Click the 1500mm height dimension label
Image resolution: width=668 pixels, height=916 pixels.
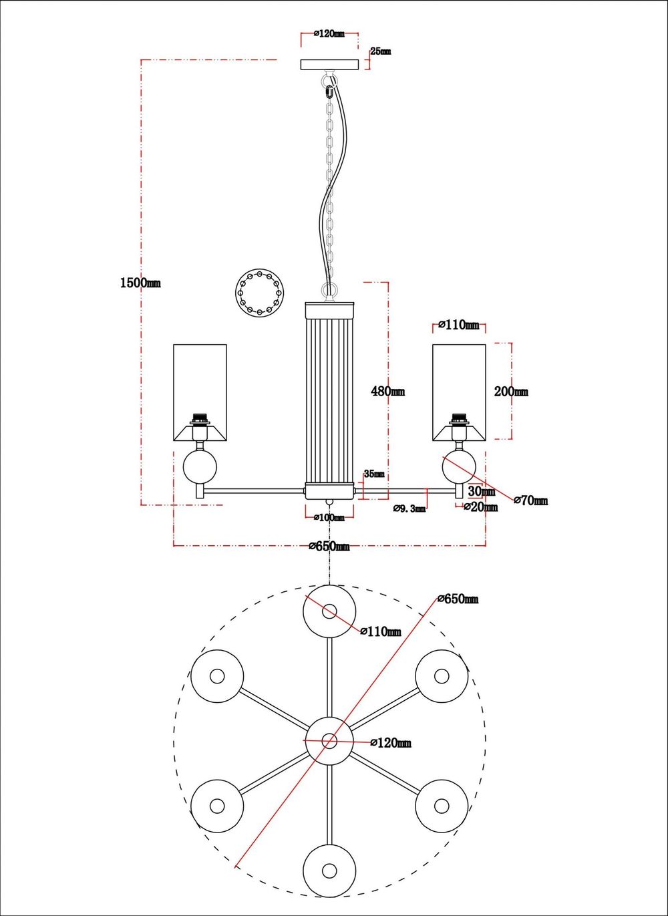[140, 283]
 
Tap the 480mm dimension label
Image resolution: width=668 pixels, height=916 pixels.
[387, 392]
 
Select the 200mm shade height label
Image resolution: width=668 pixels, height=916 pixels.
[511, 392]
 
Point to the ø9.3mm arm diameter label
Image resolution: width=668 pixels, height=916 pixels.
[409, 508]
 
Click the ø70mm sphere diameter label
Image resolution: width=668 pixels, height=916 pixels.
[530, 500]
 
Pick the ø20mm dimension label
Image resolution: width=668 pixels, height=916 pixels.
[481, 507]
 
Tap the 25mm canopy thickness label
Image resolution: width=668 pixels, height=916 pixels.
[381, 51]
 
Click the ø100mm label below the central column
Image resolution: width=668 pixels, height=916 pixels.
[329, 517]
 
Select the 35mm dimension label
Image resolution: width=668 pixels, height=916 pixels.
[374, 474]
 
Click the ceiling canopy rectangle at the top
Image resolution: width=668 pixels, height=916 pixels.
[329, 65]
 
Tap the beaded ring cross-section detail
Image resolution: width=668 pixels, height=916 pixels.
[260, 292]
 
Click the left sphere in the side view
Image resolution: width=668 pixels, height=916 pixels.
[200, 467]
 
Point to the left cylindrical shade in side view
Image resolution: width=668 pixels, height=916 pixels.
[200, 393]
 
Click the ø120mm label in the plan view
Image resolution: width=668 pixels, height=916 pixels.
[390, 742]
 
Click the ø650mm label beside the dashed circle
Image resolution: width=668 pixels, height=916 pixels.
[458, 599]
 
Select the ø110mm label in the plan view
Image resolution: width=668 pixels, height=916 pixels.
[381, 631]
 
